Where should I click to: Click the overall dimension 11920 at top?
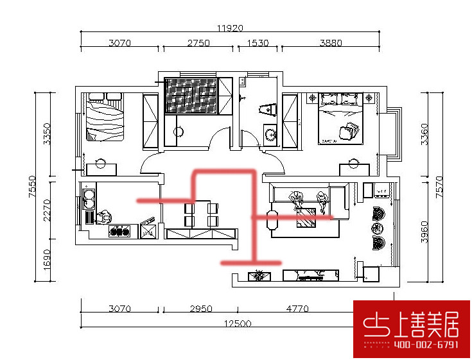tap(229, 28)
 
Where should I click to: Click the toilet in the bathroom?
tap(265, 108)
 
